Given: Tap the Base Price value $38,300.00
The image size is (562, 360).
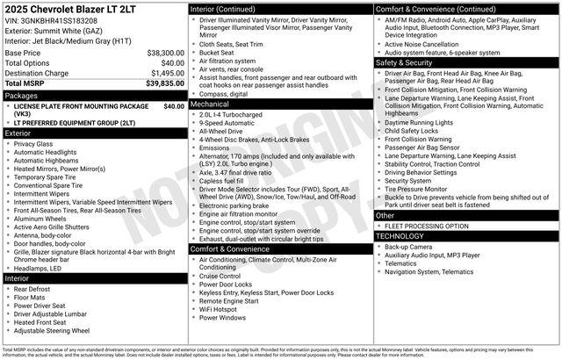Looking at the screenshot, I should pyautogui.click(x=165, y=53).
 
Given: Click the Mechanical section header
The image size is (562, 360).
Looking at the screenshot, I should pyautogui.click(x=213, y=104).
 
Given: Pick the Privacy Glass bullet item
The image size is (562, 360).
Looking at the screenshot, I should pyautogui.click(x=33, y=143).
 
